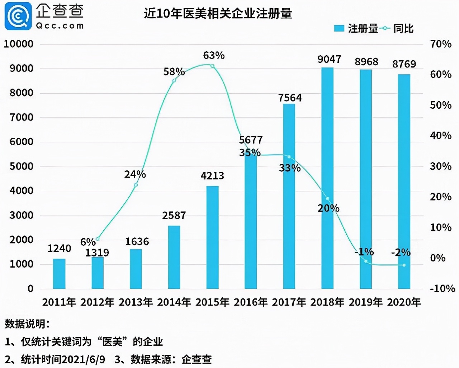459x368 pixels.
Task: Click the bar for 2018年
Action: pos(327,178)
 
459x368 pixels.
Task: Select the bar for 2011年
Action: pos(59,274)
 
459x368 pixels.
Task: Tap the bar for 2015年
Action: pos(212,237)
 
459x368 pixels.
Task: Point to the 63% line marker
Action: pos(212,66)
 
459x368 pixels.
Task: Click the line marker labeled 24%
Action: pos(136,185)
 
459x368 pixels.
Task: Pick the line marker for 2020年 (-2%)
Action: pos(404,265)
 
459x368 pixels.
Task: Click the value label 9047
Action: pos(329,60)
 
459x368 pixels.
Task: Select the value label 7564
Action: pos(290,98)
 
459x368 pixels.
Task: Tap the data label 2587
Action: pos(174,216)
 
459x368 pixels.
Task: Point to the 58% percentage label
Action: pos(174,72)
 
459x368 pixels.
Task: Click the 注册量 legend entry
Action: pos(356,29)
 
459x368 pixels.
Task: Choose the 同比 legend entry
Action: pos(398,29)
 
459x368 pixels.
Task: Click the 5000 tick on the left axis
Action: pos(21,166)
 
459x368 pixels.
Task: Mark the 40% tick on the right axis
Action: pos(441,136)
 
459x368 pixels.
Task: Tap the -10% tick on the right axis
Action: pos(442,289)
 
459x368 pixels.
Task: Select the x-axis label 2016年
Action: pos(251,302)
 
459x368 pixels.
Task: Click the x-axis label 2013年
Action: pos(136,302)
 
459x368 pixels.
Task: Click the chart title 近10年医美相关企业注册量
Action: pos(218,14)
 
